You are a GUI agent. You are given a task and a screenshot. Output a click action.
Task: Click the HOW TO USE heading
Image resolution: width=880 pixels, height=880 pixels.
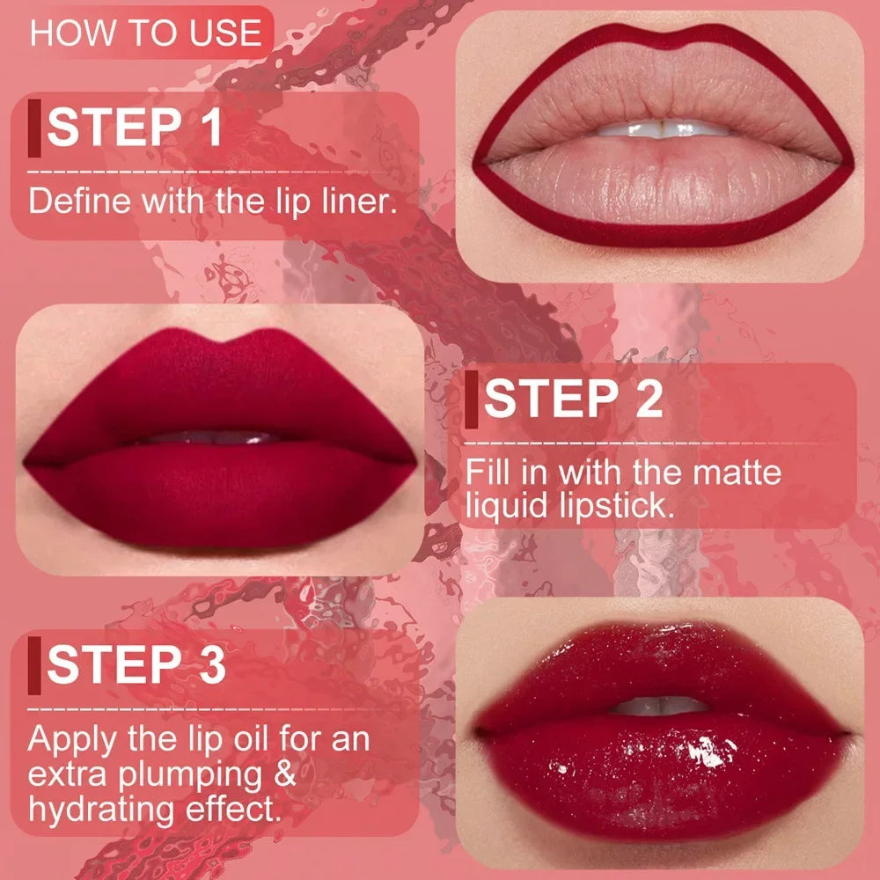[146, 33]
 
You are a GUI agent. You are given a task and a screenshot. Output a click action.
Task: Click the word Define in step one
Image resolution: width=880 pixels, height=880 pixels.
[77, 201]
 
